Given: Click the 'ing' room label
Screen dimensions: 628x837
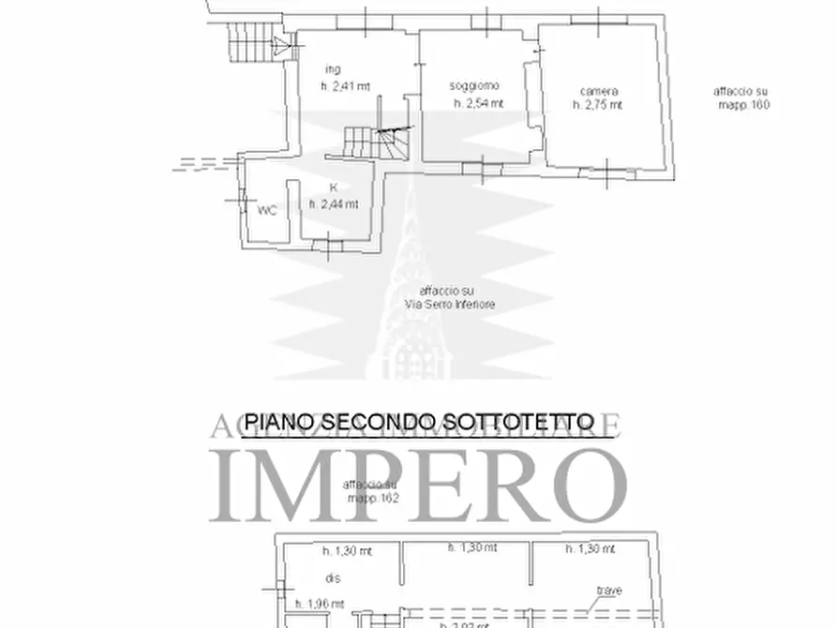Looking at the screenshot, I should [x=332, y=69].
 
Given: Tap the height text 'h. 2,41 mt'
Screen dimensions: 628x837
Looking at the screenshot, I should [x=345, y=85].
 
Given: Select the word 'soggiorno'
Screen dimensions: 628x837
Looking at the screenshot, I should [x=474, y=86].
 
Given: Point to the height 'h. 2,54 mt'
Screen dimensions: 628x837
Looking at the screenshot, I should [x=478, y=103].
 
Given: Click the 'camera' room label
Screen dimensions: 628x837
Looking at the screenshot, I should [x=598, y=90].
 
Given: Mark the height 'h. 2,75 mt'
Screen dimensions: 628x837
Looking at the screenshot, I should [x=598, y=106].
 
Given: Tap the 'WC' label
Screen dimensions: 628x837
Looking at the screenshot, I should [x=267, y=210].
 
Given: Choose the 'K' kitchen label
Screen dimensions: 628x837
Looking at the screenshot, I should [x=332, y=187].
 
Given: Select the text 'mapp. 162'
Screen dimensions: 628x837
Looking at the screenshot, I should [x=373, y=499].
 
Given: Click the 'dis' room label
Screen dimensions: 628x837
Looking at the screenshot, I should [x=331, y=577].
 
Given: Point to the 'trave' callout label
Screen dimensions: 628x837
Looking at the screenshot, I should [x=610, y=591].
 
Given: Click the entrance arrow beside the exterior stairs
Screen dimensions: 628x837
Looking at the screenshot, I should [x=279, y=44].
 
